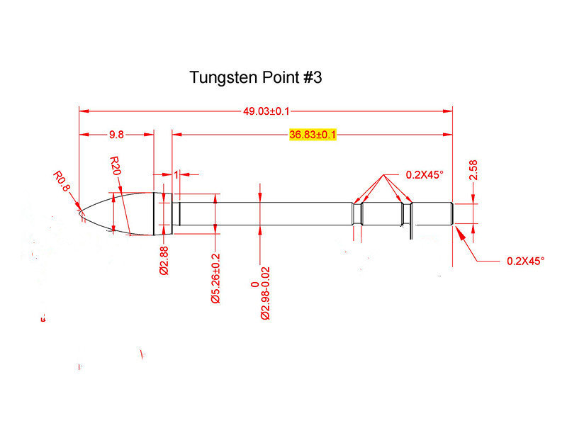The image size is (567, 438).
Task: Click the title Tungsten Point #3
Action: (x=255, y=78)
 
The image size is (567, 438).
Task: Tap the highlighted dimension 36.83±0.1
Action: (x=313, y=135)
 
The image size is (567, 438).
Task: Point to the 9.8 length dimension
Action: (x=117, y=135)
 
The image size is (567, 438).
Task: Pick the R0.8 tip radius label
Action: (x=62, y=181)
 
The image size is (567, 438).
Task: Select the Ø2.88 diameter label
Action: (x=164, y=259)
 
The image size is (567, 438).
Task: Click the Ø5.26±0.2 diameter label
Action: (x=215, y=279)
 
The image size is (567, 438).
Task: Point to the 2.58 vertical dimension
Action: (x=473, y=169)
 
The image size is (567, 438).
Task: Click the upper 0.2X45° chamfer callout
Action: (x=425, y=174)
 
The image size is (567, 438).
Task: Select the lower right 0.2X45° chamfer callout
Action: (x=525, y=261)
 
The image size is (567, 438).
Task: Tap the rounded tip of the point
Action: (x=80, y=210)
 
